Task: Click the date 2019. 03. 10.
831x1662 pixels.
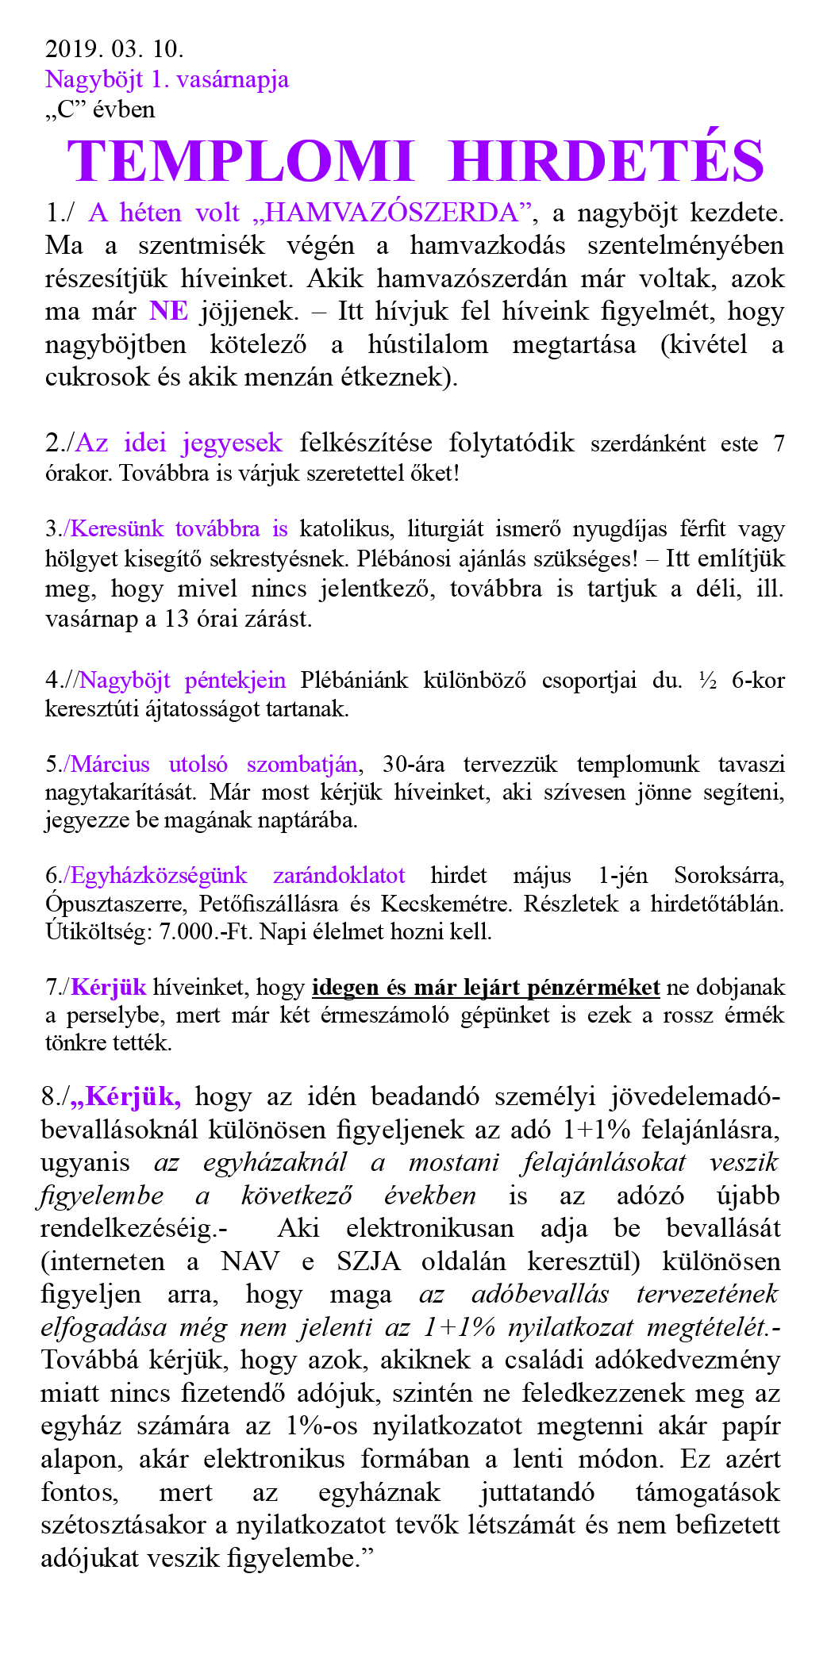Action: [114, 49]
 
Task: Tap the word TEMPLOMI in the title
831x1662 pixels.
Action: [240, 161]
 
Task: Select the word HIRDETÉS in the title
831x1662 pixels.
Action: [606, 161]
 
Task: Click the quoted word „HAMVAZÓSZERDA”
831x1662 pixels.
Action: [392, 213]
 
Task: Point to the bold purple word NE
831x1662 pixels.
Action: [168, 311]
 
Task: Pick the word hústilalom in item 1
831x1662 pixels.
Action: [428, 344]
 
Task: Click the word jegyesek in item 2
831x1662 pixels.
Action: [232, 443]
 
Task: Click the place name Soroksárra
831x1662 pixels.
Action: [729, 876]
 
